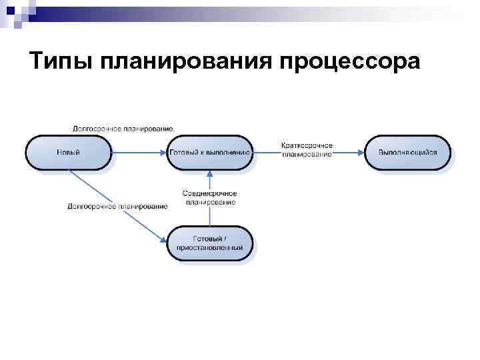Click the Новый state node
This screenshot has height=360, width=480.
click(69, 152)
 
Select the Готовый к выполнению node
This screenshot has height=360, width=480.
click(210, 152)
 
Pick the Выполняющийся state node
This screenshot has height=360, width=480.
click(407, 152)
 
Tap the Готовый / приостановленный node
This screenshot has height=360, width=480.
click(210, 243)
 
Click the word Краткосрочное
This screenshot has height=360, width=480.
click(307, 145)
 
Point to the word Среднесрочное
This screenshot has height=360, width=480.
click(210, 193)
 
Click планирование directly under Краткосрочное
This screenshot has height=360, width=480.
click(307, 154)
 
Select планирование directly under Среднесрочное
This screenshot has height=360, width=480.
click(210, 202)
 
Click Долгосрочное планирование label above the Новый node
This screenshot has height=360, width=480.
click(123, 128)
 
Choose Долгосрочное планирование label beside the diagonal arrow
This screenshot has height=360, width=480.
click(117, 206)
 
